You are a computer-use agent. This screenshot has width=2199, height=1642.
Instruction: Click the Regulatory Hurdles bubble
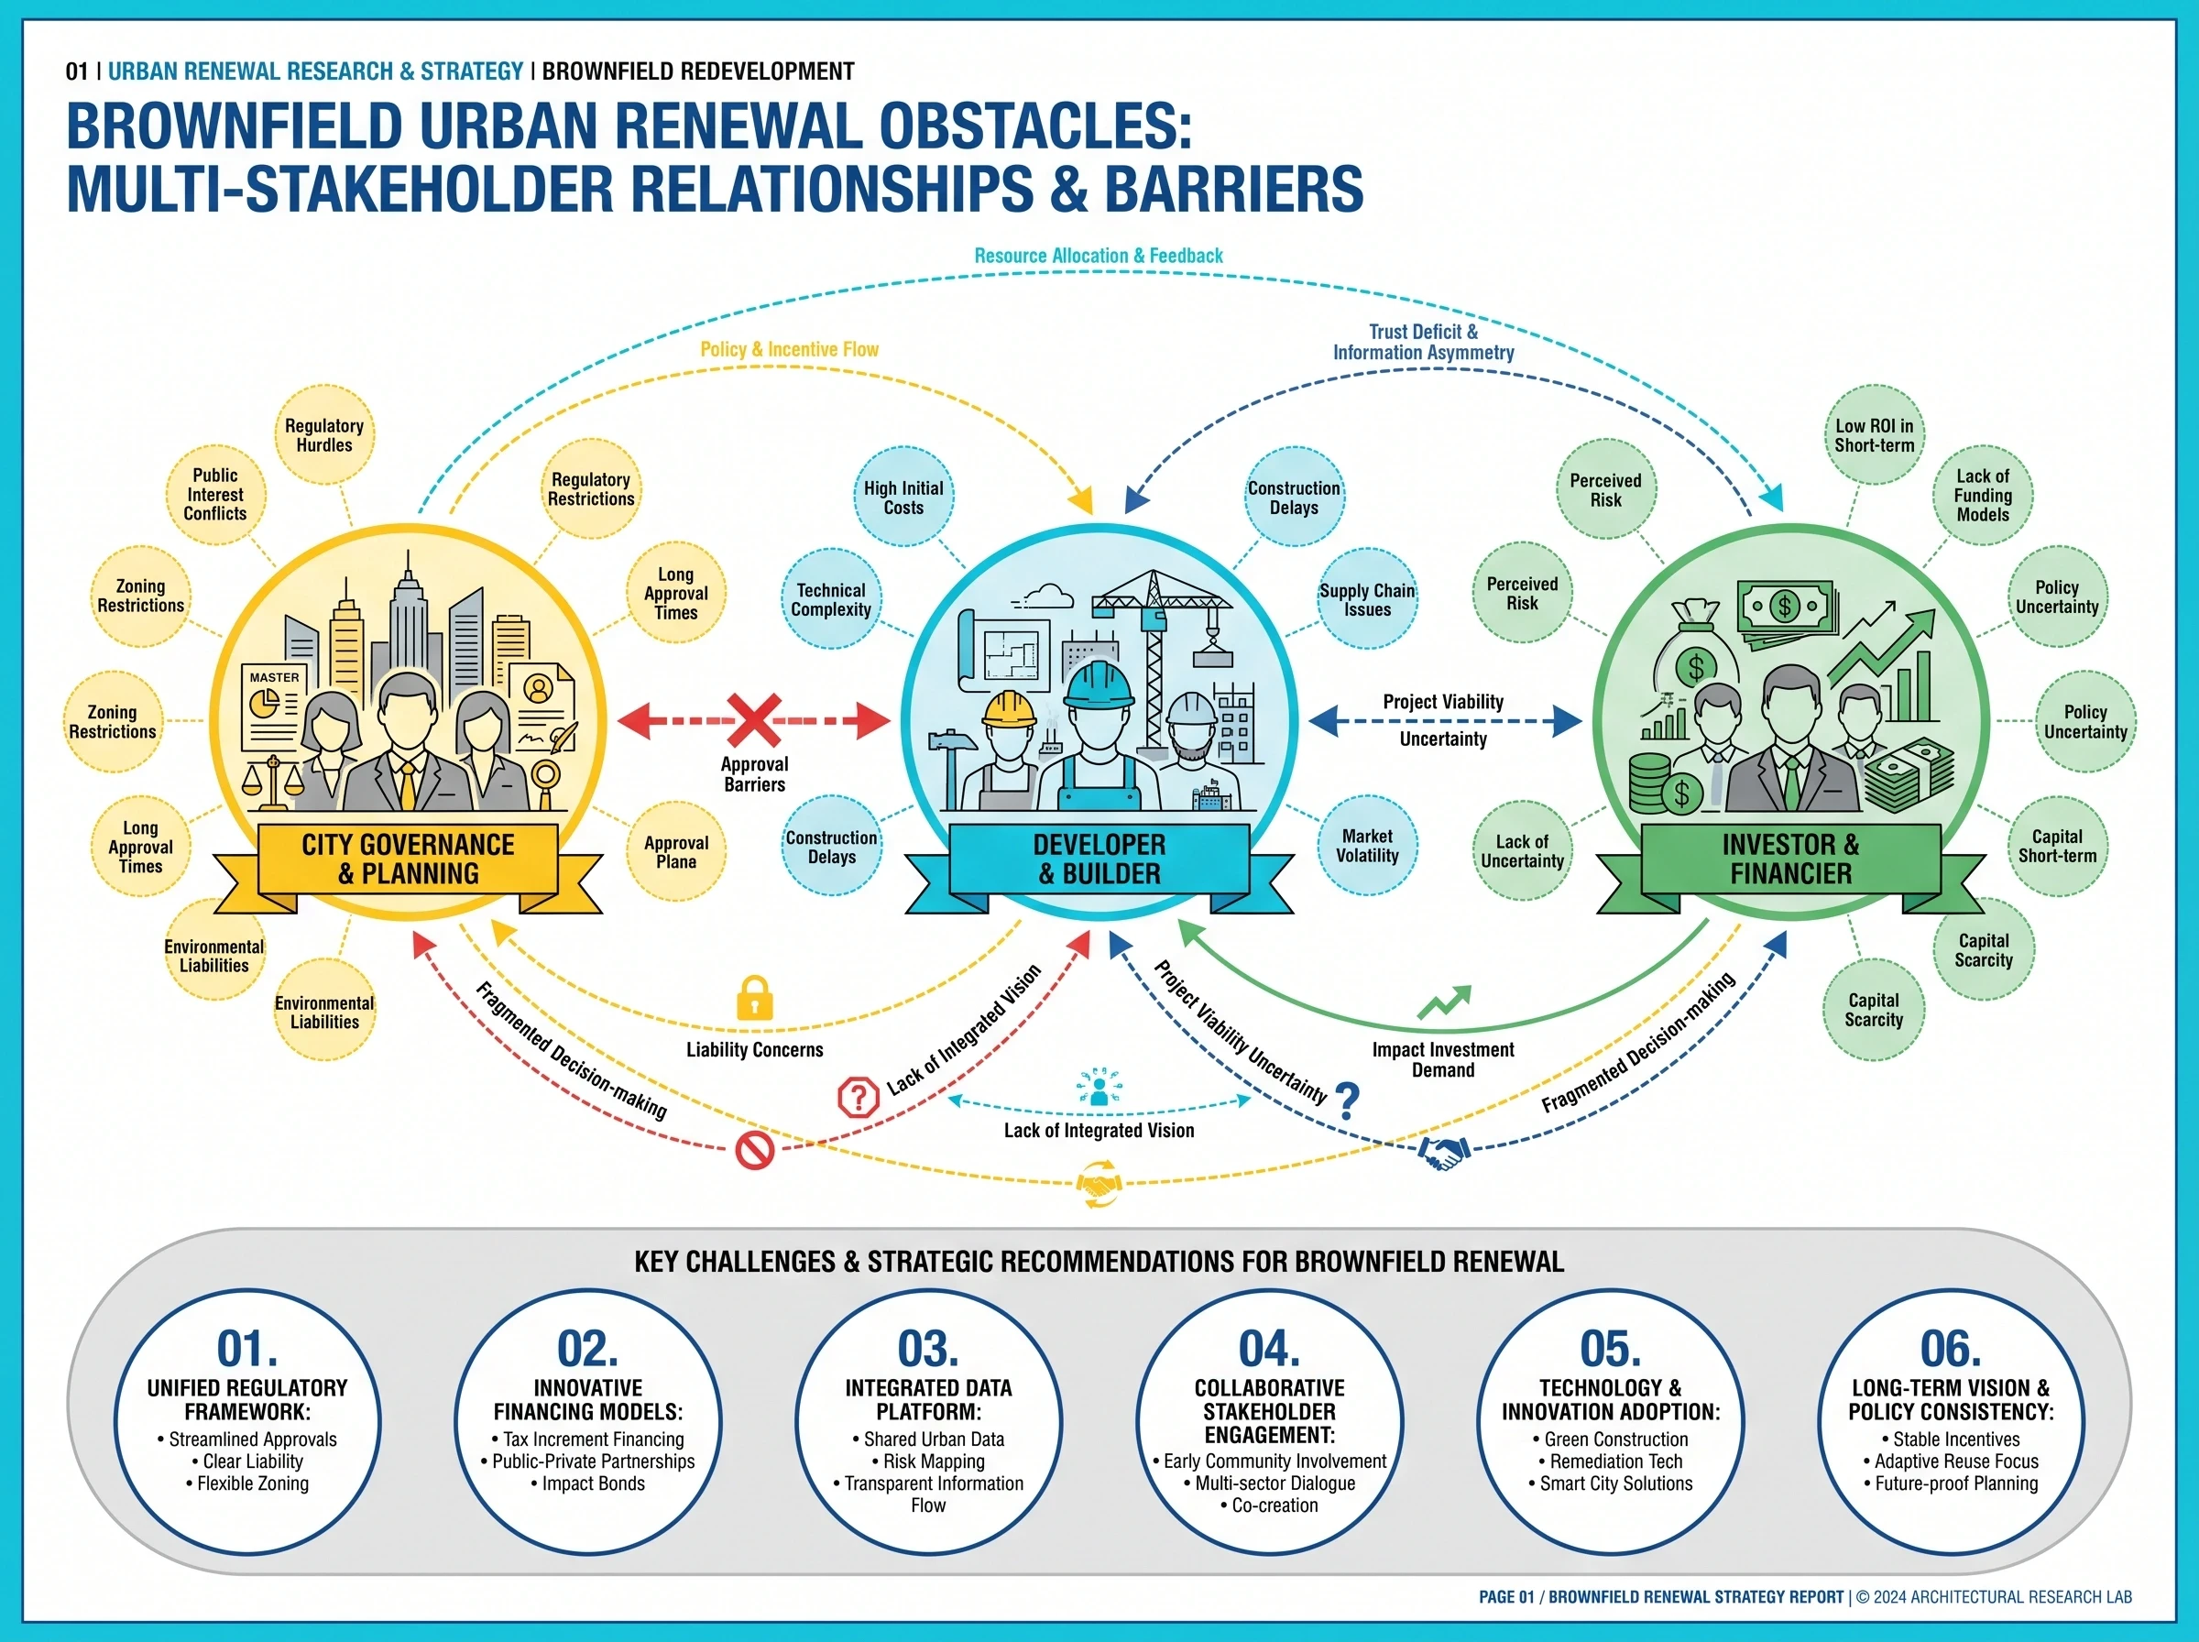pos(324,435)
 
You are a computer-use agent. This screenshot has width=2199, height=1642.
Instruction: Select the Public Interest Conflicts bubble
pos(214,494)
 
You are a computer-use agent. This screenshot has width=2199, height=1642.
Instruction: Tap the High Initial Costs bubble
pos(903,497)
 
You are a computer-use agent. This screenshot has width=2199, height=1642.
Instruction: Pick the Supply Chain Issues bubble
pos(1367,599)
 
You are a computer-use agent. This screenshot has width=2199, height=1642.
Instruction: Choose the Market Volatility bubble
pos(1367,846)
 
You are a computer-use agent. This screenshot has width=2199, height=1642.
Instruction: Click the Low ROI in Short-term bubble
pos(1874,435)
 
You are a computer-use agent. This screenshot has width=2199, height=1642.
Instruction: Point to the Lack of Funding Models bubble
pos(1983,495)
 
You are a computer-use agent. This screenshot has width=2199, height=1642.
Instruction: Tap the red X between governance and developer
pos(754,719)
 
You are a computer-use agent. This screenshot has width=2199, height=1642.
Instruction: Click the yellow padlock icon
pos(754,998)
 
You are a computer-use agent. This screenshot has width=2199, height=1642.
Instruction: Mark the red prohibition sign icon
pos(754,1151)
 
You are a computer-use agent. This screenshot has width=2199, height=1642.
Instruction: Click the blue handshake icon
pos(1444,1153)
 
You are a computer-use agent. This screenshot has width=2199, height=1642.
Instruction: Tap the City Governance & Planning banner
pos(408,860)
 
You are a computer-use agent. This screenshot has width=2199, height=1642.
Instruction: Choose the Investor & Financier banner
pos(1790,860)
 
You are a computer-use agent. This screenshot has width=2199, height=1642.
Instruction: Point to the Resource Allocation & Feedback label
pos(1098,256)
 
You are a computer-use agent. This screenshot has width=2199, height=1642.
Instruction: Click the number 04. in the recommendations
pos(1269,1349)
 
